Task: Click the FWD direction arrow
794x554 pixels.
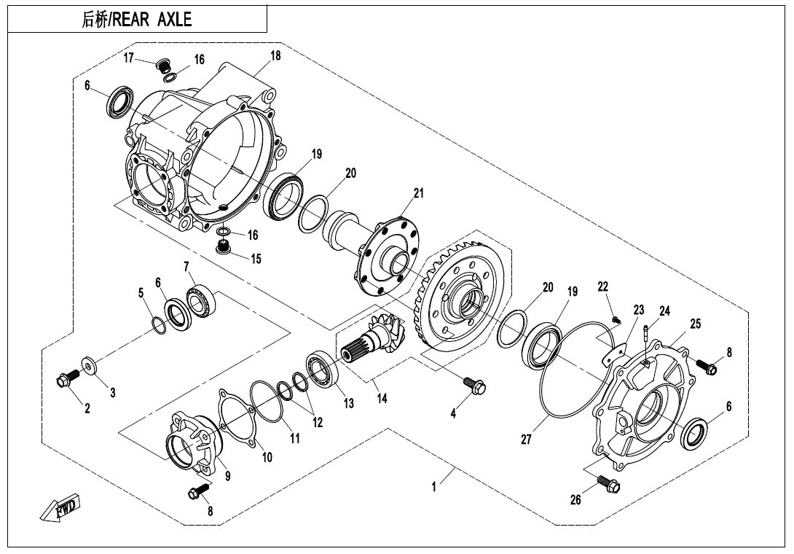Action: pos(62,507)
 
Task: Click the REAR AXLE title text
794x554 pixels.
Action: pos(137,20)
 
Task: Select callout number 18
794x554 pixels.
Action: pos(275,56)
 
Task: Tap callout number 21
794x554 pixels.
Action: pos(418,193)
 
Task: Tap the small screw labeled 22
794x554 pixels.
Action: pos(616,317)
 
